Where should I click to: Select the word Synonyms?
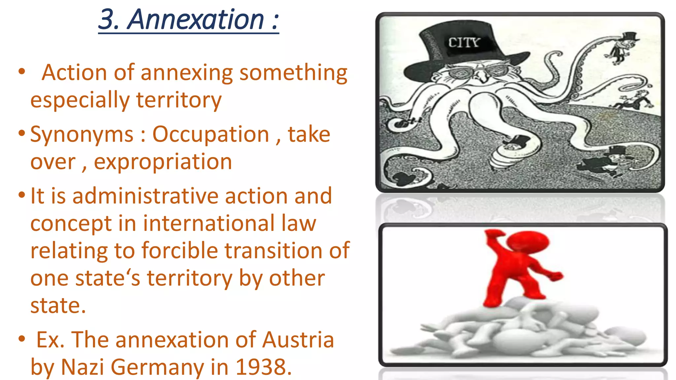pos(82,135)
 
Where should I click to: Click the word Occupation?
pos(211,135)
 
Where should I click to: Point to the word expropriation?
pos(163,162)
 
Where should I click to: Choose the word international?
pos(209,223)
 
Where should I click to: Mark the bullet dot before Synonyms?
pos(22,133)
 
